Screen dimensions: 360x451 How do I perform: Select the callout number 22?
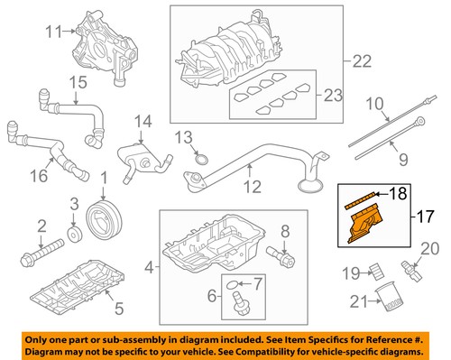[x=362, y=61]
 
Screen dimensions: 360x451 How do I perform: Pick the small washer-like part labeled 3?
[x=75, y=233]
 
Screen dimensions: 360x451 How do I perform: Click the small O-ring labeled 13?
[x=206, y=162]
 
